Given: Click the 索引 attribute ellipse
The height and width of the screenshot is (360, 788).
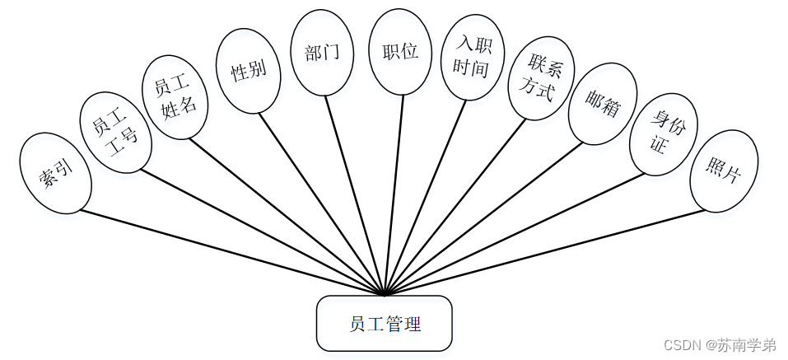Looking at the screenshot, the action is click(56, 173).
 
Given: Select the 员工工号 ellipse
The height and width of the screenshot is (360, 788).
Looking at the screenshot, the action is click(115, 132).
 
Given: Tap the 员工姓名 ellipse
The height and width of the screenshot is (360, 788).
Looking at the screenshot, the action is click(175, 96).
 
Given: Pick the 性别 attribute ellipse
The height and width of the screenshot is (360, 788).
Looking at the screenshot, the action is click(248, 71).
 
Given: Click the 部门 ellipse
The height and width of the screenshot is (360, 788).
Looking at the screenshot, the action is click(322, 52).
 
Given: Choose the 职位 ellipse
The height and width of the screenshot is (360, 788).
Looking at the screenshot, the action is click(400, 51).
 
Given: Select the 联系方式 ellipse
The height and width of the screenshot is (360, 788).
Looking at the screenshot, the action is click(541, 78).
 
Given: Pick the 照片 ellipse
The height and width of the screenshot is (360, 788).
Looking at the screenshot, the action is click(723, 170).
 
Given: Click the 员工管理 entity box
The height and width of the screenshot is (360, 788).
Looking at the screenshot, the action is click(385, 323).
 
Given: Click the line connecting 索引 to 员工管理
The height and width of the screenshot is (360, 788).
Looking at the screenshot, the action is click(231, 252).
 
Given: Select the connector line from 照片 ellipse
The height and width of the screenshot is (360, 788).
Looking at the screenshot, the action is click(543, 252).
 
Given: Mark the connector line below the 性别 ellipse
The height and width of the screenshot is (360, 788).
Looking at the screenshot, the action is click(321, 202).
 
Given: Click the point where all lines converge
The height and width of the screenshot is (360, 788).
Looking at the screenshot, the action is click(385, 294).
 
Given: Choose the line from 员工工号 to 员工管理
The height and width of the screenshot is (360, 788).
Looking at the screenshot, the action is click(263, 233).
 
